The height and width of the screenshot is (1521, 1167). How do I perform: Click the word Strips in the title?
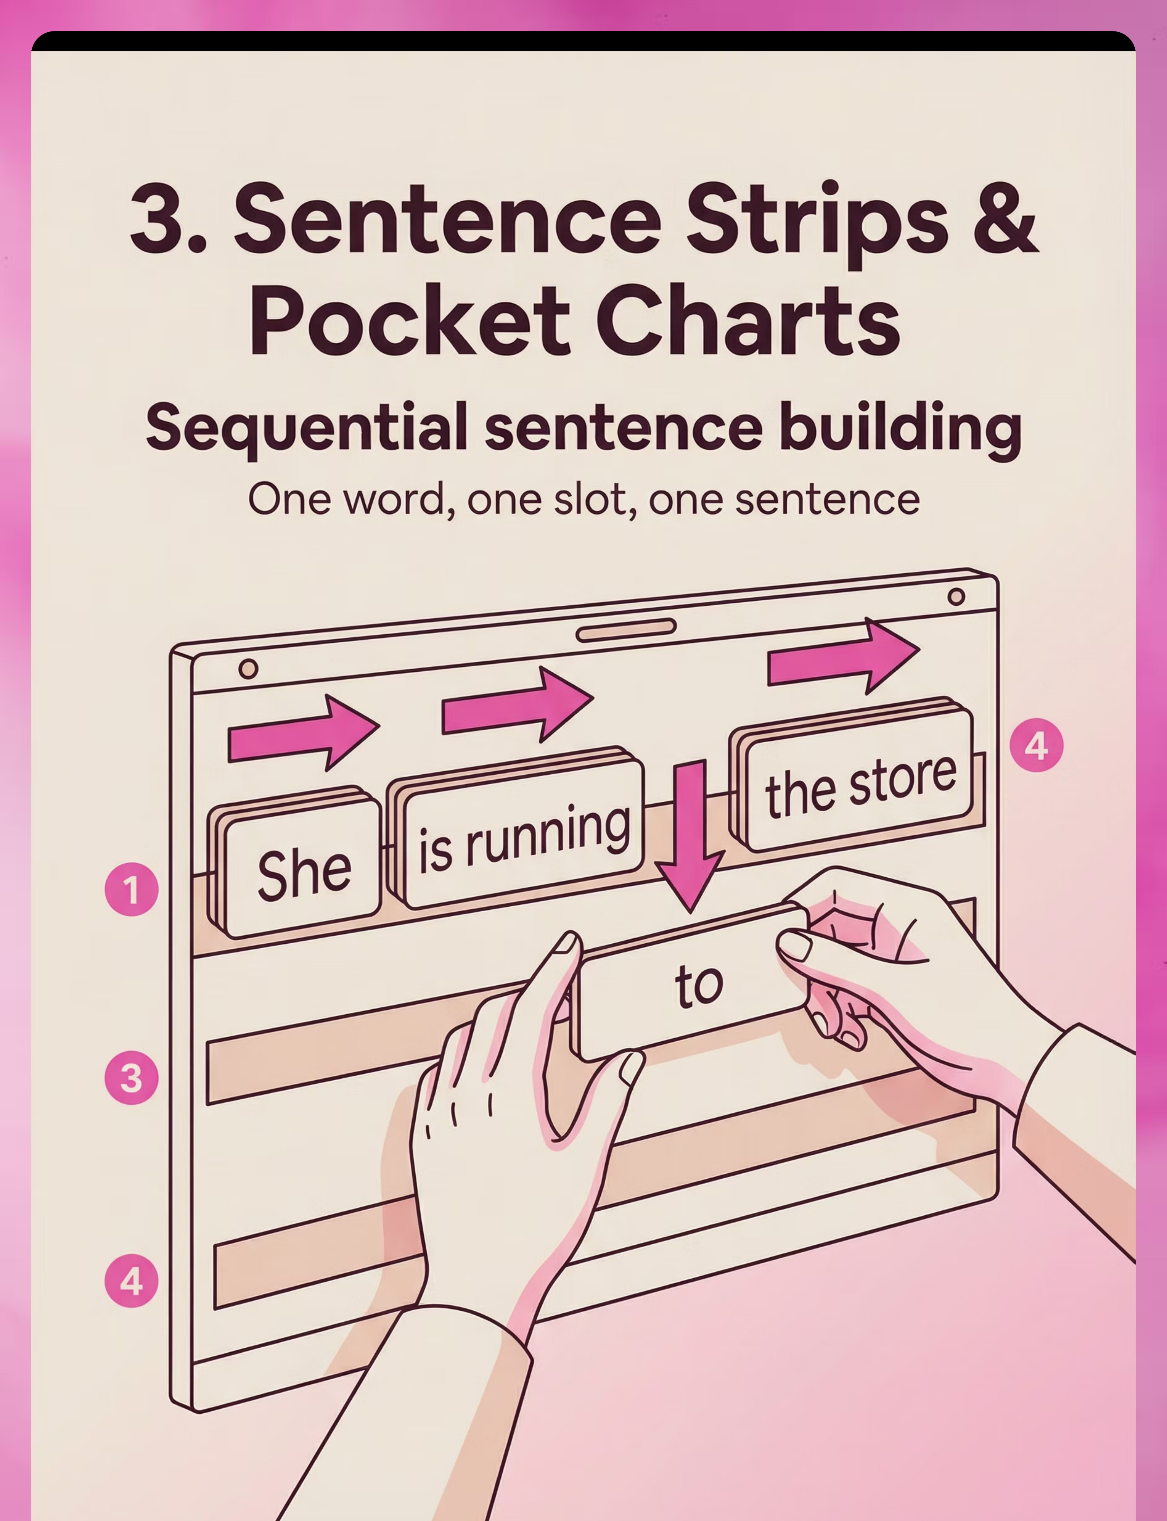tap(817, 222)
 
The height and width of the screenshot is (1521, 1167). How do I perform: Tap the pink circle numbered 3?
tap(131, 1079)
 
